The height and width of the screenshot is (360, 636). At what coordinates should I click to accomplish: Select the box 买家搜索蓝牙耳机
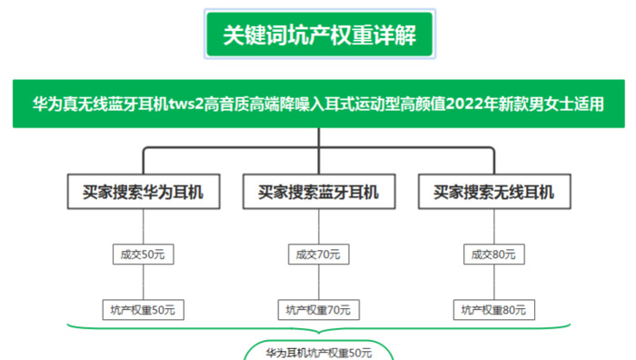click(x=318, y=193)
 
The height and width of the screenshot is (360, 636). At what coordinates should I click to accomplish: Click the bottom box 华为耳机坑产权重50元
click(x=318, y=352)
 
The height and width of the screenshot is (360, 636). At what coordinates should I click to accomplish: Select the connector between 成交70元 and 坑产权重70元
click(x=318, y=283)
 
